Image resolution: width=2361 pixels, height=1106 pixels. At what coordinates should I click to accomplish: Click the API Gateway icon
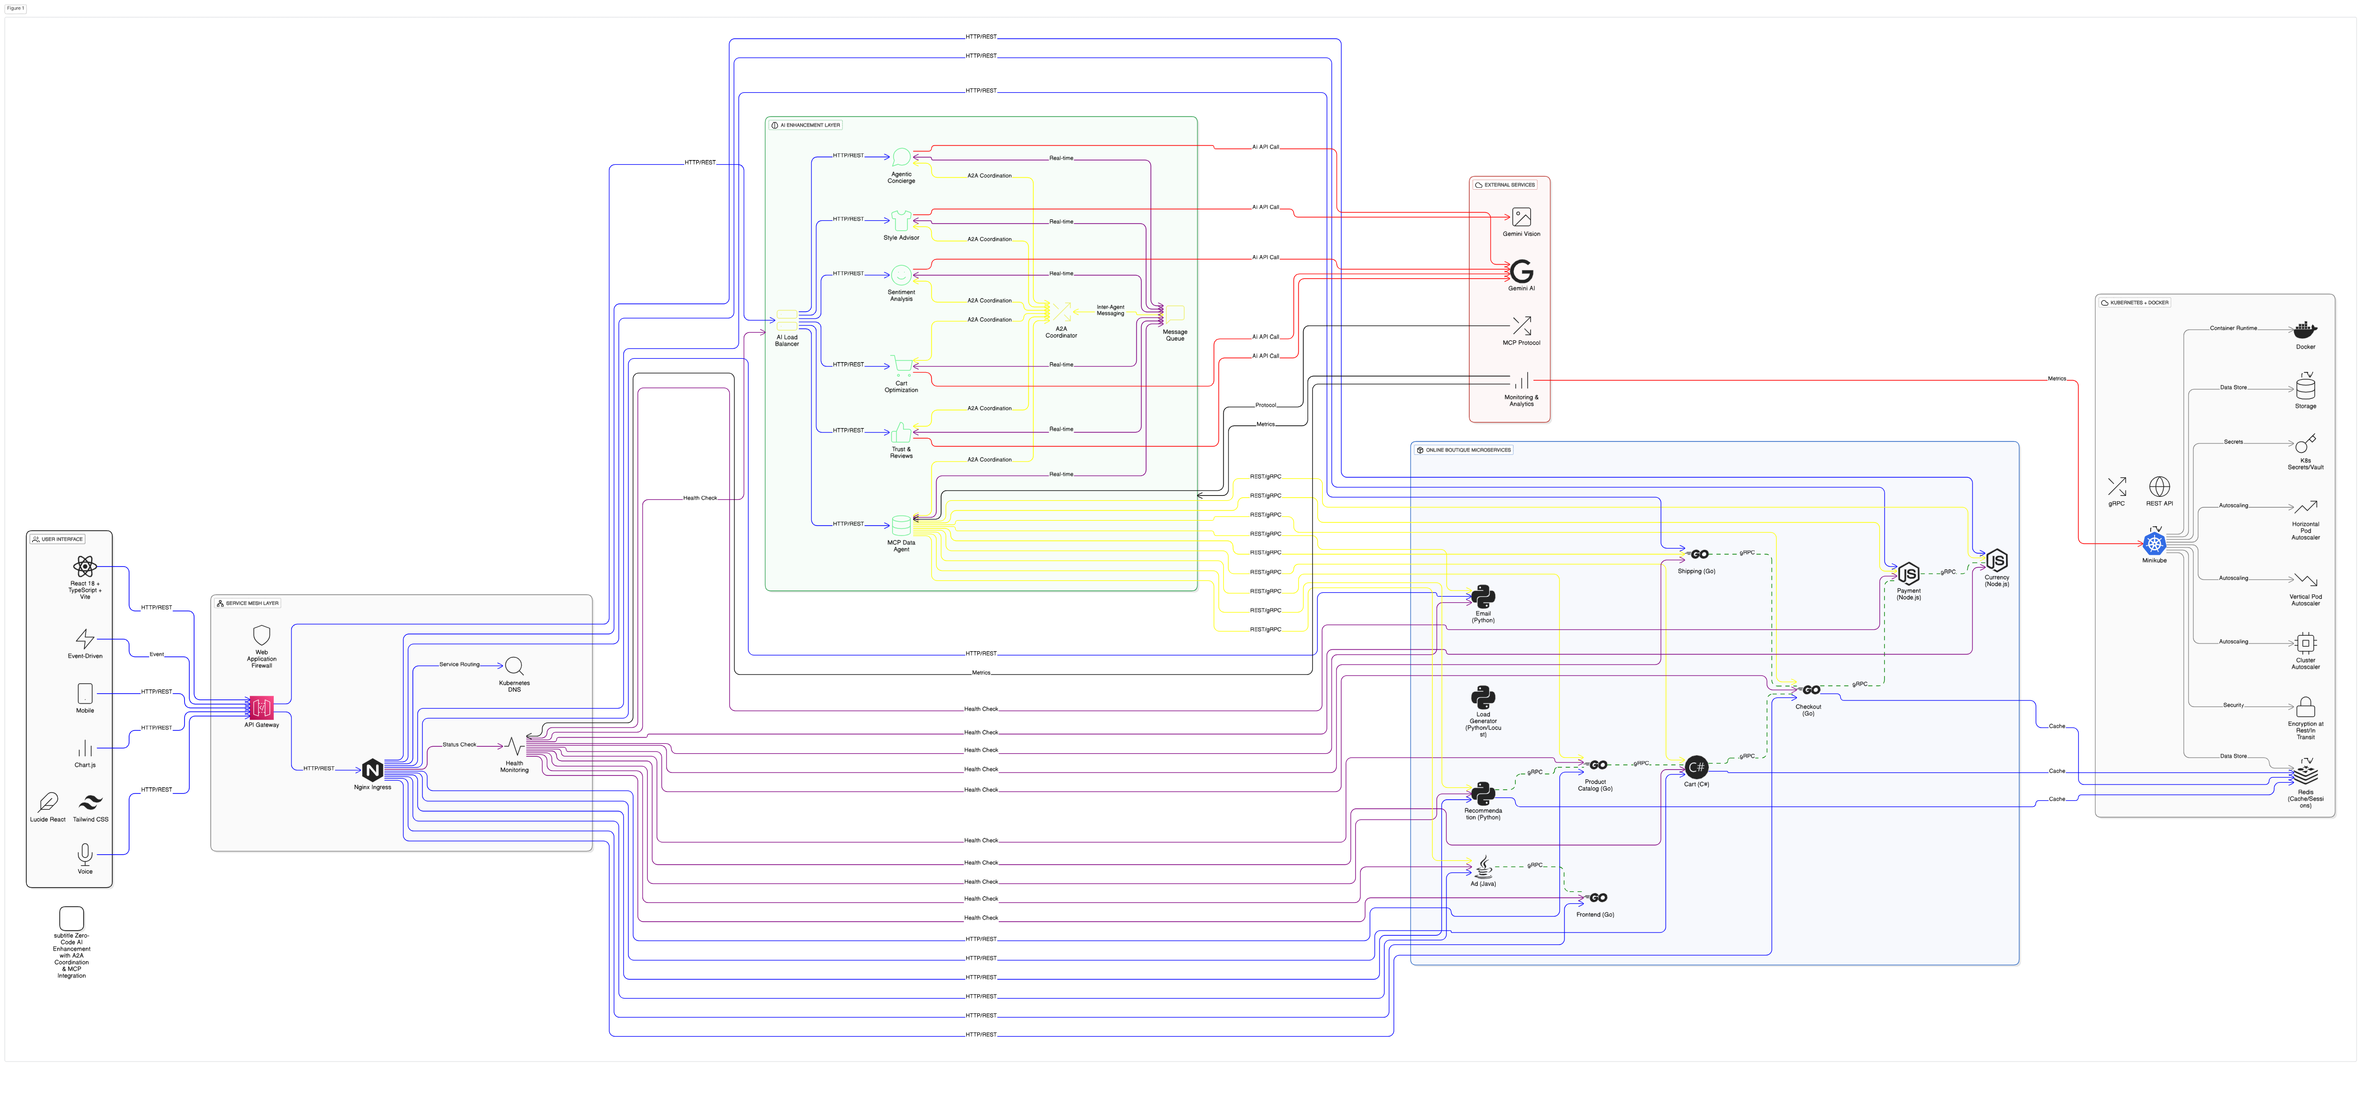[261, 708]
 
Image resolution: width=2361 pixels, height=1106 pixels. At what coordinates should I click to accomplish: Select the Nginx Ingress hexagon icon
[372, 770]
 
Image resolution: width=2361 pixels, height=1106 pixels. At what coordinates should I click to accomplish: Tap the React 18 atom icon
[85, 566]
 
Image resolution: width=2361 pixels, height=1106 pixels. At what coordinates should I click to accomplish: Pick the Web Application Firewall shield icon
[261, 635]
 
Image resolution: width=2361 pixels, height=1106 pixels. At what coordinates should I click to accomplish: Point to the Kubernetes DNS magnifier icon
[514, 666]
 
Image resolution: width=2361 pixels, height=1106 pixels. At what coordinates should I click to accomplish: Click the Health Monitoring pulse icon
[514, 746]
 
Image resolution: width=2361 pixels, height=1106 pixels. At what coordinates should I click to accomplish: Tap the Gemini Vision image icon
[1521, 217]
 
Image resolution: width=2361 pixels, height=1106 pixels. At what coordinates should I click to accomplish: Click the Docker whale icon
[2305, 330]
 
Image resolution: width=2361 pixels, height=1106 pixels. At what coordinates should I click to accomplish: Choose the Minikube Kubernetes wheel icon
[2154, 543]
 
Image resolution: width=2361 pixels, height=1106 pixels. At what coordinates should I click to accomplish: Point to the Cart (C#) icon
[1696, 767]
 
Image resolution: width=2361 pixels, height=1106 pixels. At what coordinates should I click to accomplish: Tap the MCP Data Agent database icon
[901, 525]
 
